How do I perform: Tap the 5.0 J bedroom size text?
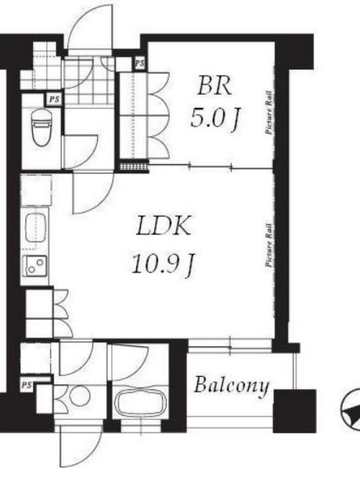[x=215, y=119]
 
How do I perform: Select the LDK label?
[x=164, y=226]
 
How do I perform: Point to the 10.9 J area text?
[x=163, y=265]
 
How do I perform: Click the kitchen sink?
[x=35, y=228]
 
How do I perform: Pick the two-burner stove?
[x=36, y=266]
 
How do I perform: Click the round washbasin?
[x=80, y=395]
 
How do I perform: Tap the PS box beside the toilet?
[x=54, y=99]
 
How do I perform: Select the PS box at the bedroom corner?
[x=140, y=64]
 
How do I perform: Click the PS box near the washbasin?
[x=27, y=385]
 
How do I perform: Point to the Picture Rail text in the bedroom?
[x=268, y=112]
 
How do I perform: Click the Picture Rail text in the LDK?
[x=269, y=245]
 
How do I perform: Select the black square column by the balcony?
[x=295, y=411]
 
